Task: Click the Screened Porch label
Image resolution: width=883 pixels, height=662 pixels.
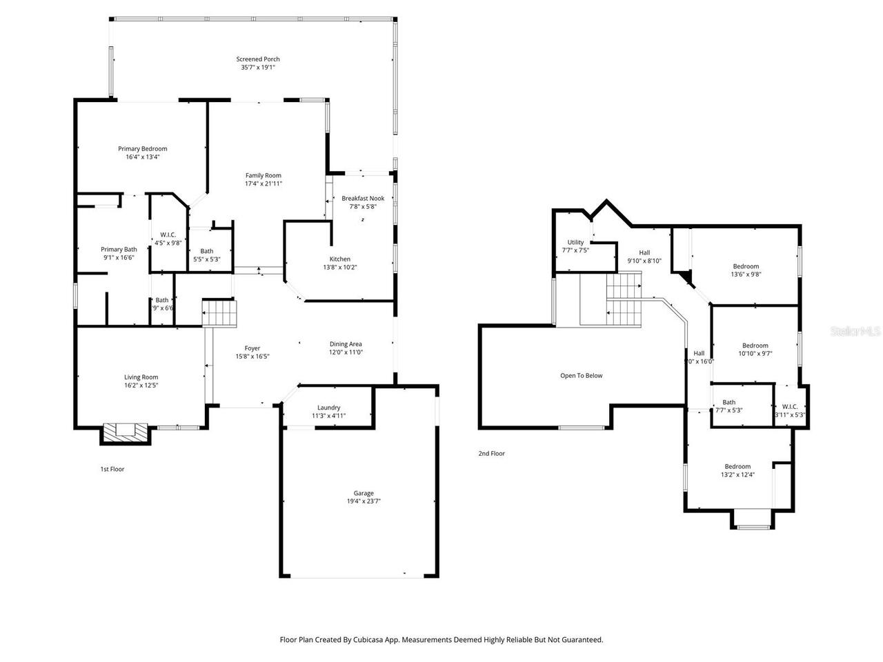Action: coord(258,59)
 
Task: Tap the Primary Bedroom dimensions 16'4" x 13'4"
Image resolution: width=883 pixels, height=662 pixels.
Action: coord(142,157)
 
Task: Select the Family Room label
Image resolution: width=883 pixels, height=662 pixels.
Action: coord(263,175)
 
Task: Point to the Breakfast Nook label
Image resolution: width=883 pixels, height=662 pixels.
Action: coord(363,198)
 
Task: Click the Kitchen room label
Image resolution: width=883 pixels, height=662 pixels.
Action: coord(339,259)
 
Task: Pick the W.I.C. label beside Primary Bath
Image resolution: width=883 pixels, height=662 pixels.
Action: coord(168,235)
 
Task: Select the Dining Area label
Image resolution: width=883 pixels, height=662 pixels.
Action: coord(346,344)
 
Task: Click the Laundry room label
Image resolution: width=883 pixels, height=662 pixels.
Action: coord(328,408)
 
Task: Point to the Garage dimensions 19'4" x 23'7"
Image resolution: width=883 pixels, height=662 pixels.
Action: coord(364,501)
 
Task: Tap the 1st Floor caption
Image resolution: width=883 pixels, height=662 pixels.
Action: coord(112,469)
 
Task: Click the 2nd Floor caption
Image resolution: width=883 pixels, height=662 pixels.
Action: coord(491,454)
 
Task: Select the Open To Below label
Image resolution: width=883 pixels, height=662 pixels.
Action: coord(581,376)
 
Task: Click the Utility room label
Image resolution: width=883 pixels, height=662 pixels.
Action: coord(575,242)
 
